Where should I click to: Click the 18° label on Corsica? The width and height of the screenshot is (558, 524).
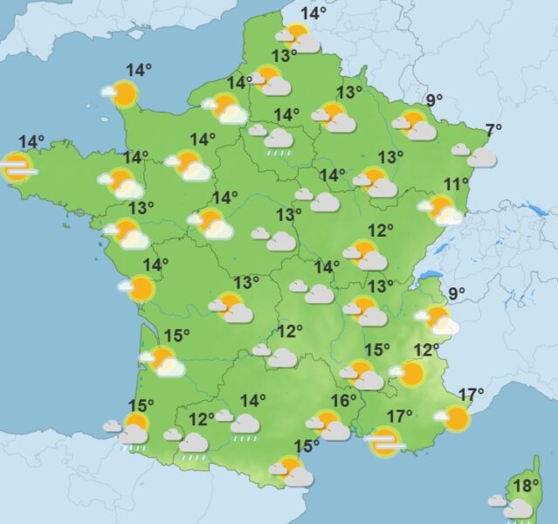point(526,486)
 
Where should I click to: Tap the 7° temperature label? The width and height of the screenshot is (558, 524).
point(493,131)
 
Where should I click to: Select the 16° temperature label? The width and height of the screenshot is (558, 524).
point(343,401)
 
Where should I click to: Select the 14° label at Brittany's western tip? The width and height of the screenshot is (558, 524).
point(31,141)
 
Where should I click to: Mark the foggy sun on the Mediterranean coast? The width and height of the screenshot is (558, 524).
point(384,442)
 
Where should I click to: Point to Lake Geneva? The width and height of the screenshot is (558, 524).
point(430,278)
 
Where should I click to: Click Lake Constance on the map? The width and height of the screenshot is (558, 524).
point(530,209)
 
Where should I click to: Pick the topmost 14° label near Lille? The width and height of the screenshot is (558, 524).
point(313,13)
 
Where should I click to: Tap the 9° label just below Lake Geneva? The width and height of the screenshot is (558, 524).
point(457,293)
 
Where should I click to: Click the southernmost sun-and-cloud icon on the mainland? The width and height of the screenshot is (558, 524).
point(292,472)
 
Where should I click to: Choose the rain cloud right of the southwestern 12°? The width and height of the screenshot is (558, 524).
point(245,424)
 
